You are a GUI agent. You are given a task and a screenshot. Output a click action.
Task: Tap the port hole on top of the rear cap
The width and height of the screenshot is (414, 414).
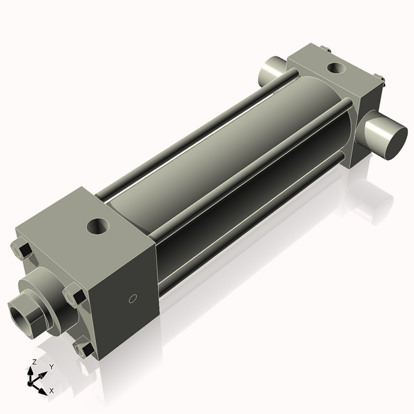336,68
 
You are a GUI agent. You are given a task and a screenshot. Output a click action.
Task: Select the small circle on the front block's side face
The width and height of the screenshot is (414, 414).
133,299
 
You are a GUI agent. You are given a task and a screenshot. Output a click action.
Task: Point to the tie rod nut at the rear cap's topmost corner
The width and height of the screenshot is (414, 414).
326,49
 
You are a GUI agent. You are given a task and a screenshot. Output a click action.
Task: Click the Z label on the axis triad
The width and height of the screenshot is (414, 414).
34,362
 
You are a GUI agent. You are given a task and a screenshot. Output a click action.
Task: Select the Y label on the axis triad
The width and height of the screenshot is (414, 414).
51,366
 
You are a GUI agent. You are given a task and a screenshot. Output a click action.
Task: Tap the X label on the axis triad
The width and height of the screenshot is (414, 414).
51,391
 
